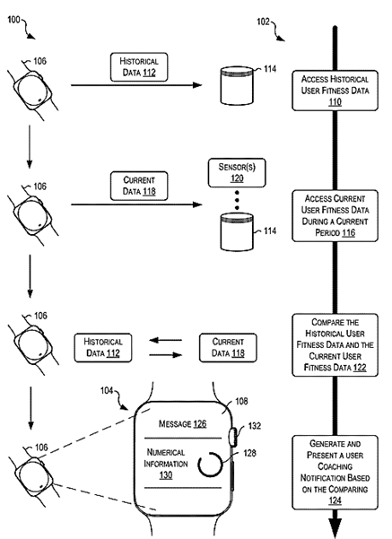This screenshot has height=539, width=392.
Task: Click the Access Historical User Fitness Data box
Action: pyautogui.click(x=334, y=91)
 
